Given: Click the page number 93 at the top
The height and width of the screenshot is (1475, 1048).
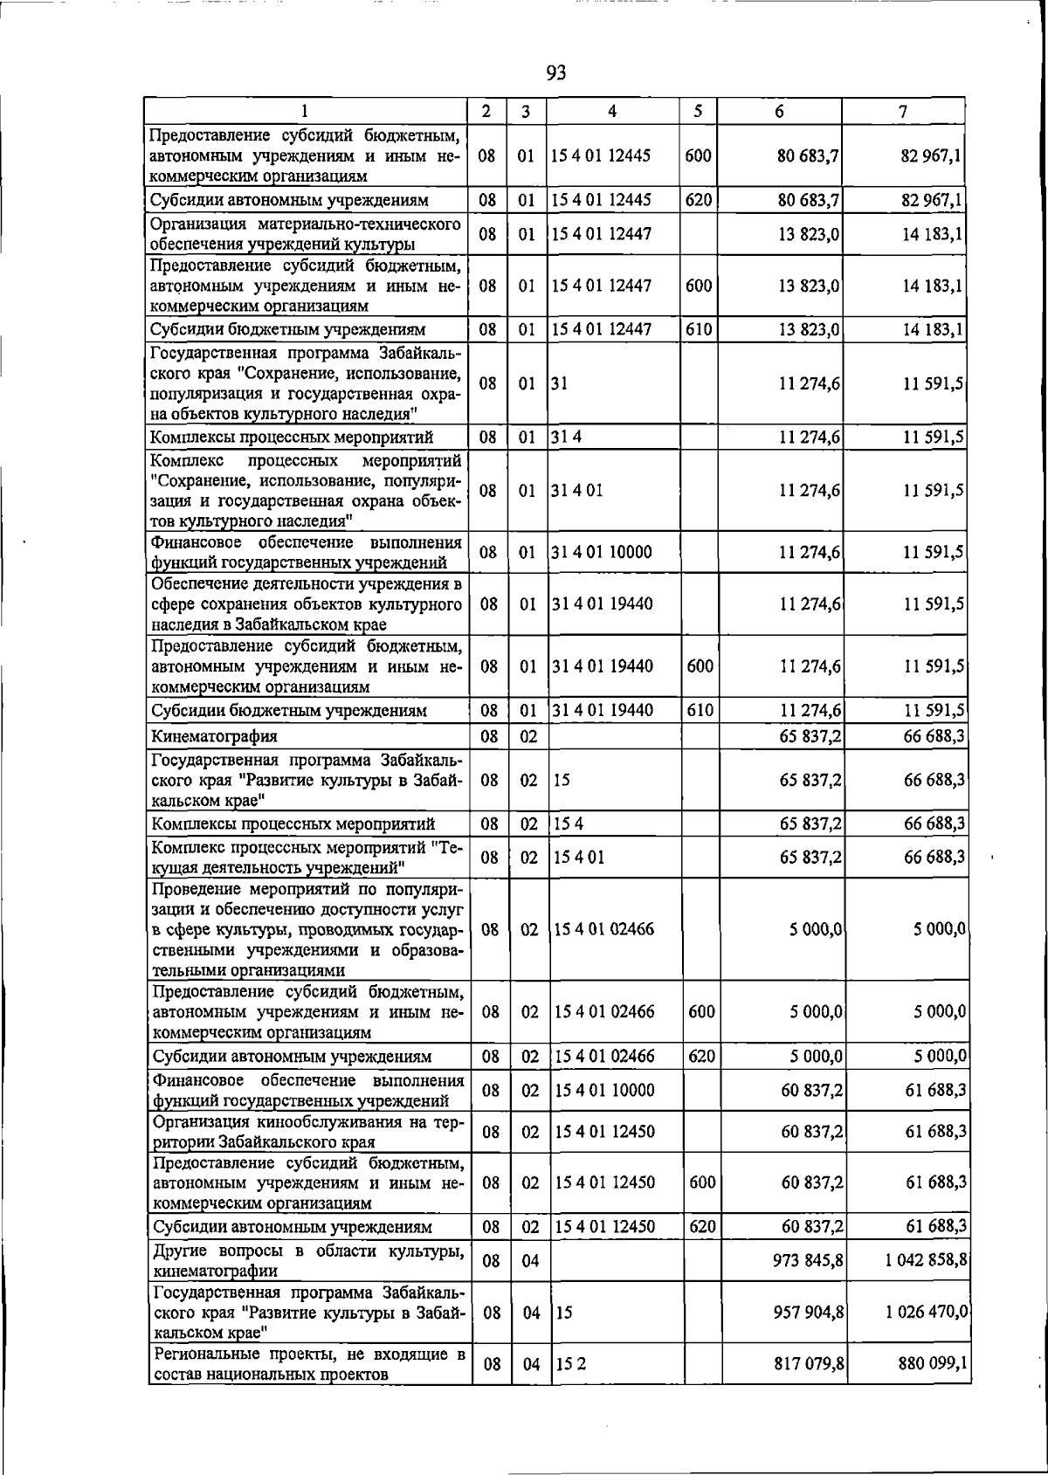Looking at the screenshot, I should click(x=556, y=73).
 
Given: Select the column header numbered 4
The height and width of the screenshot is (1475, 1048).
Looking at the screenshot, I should click(x=612, y=111).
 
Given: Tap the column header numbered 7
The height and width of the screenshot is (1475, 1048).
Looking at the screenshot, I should click(x=902, y=111).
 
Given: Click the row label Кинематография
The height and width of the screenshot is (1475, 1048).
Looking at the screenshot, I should click(x=214, y=736).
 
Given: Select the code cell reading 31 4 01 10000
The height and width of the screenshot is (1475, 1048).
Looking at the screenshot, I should click(x=603, y=552).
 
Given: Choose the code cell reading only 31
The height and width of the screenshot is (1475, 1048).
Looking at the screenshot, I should click(x=560, y=383).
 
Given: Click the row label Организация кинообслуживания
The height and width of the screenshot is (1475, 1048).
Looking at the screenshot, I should click(x=307, y=1132).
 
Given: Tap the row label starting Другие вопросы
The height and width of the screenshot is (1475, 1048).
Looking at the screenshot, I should click(x=307, y=1260).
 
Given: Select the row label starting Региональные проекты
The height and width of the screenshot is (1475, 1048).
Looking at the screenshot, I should click(x=307, y=1363).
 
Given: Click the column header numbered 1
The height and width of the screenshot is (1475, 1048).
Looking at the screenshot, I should click(x=305, y=111).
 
